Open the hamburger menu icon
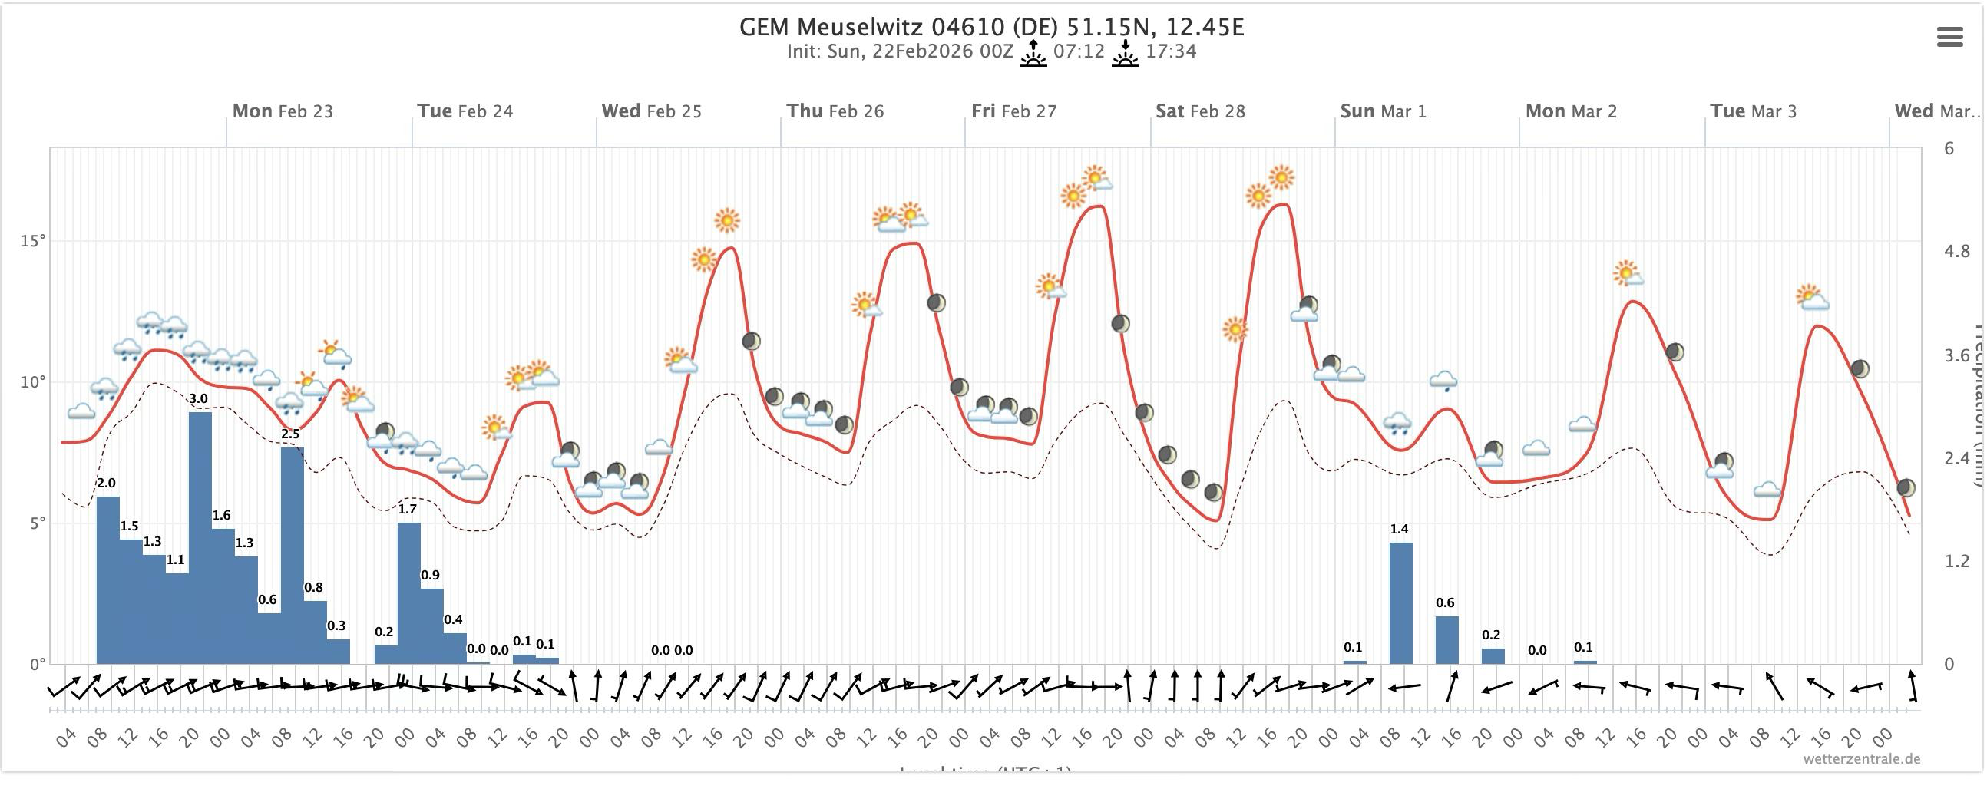(x=1949, y=37)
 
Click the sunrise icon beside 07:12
(x=1033, y=53)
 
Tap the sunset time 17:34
(x=1171, y=51)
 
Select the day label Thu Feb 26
(x=835, y=111)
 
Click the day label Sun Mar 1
(x=1383, y=111)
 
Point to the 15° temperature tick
(x=32, y=241)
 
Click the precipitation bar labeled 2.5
(x=293, y=555)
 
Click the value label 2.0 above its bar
(x=107, y=483)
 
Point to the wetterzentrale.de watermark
(x=1860, y=759)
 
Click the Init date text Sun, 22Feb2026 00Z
(x=899, y=51)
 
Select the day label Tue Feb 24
(x=465, y=111)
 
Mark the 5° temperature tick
(x=35, y=523)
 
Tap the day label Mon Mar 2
(x=1570, y=111)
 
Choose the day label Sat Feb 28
(x=1199, y=111)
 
